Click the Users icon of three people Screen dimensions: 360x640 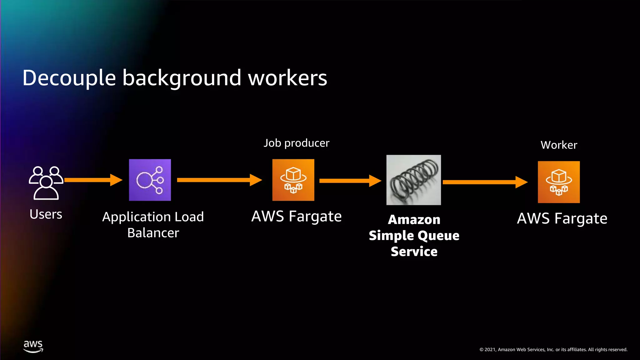(46, 182)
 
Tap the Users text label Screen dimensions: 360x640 (46, 214)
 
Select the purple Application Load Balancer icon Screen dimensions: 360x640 (150, 180)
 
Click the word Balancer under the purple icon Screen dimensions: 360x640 (153, 233)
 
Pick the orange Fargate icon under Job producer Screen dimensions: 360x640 (293, 180)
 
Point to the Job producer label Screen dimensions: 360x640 (296, 143)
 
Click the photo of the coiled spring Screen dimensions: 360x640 (413, 180)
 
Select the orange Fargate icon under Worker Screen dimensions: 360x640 (559, 182)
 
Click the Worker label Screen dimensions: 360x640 (559, 145)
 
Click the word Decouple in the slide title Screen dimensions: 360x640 (69, 78)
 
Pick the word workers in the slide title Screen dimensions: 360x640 (287, 78)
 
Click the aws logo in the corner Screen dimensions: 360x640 (33, 346)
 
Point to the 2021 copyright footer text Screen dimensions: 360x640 (553, 350)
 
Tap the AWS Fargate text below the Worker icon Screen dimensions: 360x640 (562, 218)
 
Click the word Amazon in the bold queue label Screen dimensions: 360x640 (414, 220)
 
